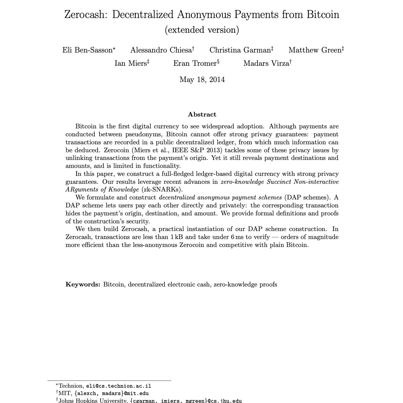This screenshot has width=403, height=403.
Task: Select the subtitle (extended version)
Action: (x=202, y=30)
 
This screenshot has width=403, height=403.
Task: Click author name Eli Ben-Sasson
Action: (x=88, y=50)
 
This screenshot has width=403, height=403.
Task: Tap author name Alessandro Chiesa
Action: (x=161, y=50)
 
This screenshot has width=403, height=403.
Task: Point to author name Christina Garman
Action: (x=240, y=50)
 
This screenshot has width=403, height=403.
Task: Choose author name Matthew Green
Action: (x=315, y=50)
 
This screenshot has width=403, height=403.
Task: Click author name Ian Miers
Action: (x=131, y=63)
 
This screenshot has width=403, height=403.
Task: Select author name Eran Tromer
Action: (x=195, y=63)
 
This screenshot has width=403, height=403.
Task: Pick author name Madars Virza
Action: (x=266, y=63)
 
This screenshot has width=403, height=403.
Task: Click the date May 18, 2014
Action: (x=202, y=80)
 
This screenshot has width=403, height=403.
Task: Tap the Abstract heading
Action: (x=202, y=114)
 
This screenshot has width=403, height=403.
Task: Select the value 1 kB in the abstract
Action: (x=177, y=237)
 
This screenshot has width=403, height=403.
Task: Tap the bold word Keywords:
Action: (x=83, y=284)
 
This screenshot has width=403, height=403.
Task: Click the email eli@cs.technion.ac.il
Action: (x=119, y=386)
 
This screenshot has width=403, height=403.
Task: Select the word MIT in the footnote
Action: (x=65, y=393)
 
